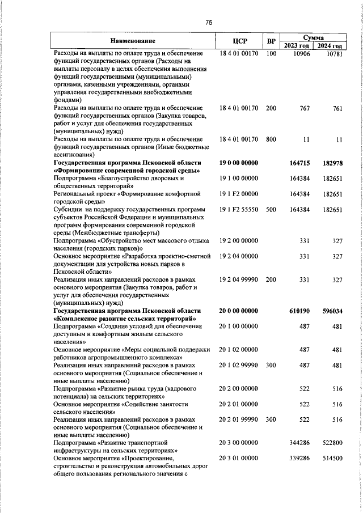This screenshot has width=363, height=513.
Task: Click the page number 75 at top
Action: (208, 23)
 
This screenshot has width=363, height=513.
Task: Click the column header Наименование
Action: (132, 41)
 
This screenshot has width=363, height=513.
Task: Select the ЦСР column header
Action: (238, 41)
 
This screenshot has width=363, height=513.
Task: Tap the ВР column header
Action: (272, 41)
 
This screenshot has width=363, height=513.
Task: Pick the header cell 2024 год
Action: (329, 45)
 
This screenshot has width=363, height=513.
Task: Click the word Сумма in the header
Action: (313, 36)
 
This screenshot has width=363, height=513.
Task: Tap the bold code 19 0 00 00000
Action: (238, 163)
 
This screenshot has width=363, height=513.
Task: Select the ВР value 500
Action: (271, 210)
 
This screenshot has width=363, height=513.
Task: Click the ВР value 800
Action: (271, 139)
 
